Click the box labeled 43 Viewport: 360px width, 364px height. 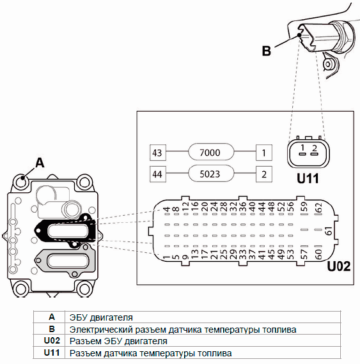pyautogui.click(x=158, y=153)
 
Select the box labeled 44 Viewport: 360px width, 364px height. pyautogui.click(x=158, y=174)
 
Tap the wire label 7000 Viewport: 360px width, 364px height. pyautogui.click(x=210, y=152)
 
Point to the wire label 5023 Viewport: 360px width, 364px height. pyautogui.click(x=210, y=174)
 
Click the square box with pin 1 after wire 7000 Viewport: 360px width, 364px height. pyautogui.click(x=264, y=153)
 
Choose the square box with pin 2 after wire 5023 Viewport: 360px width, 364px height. pyautogui.click(x=264, y=174)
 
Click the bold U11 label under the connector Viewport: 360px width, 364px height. pyautogui.click(x=308, y=178)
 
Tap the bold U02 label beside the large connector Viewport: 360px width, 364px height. pyautogui.click(x=339, y=266)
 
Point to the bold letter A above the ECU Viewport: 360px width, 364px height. pyautogui.click(x=40, y=162)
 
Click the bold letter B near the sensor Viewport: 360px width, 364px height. pyautogui.click(x=267, y=50)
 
